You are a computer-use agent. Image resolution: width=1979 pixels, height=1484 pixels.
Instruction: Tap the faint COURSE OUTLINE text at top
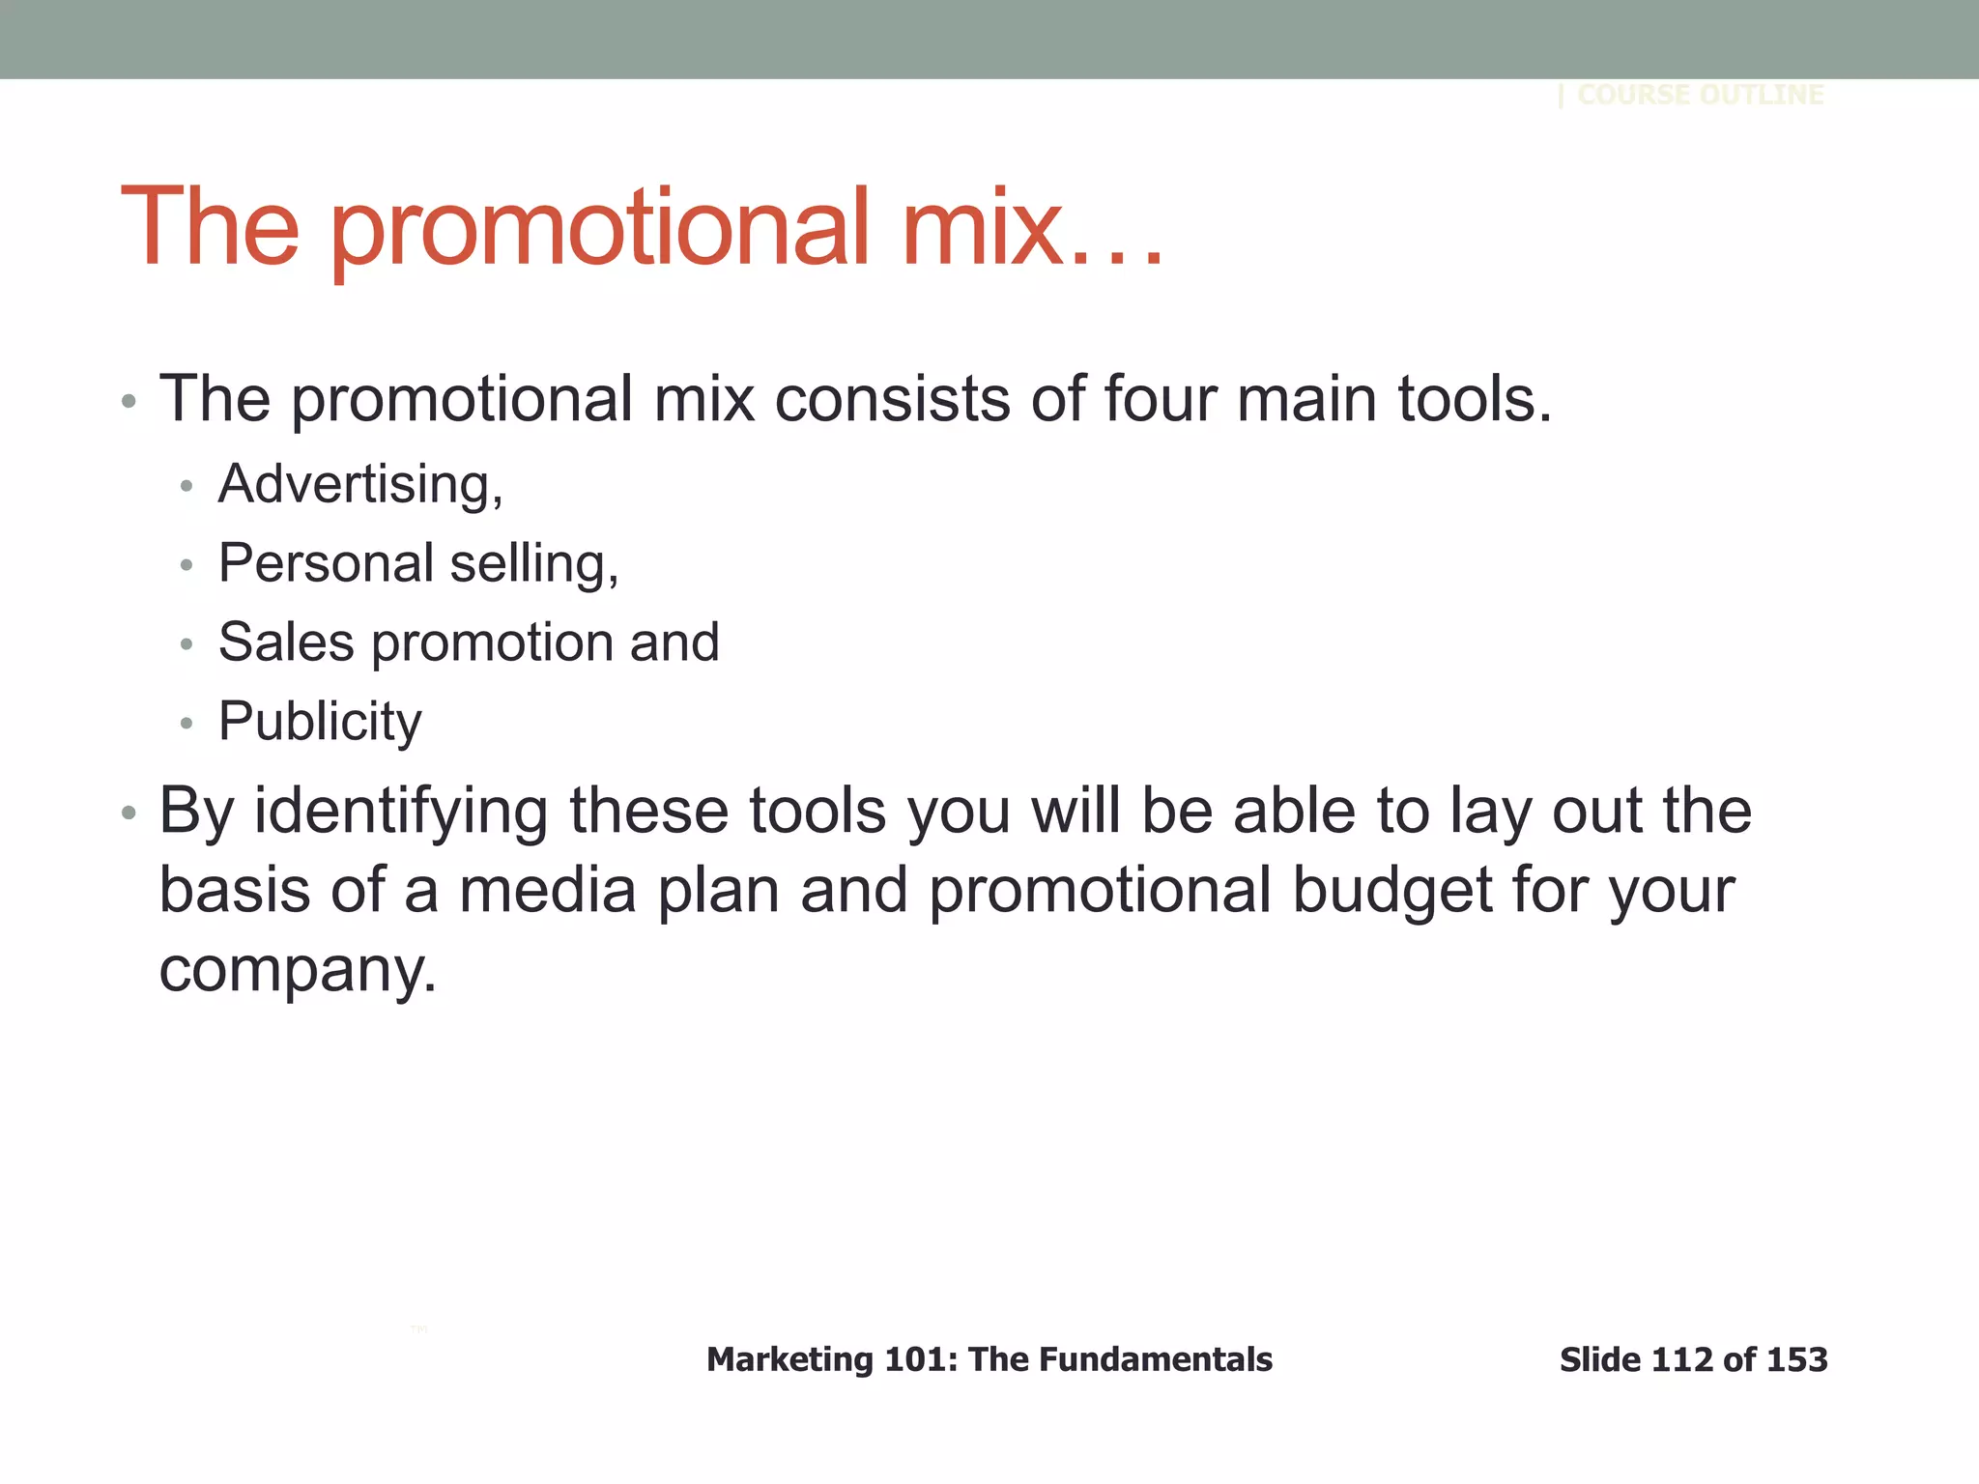(x=1700, y=95)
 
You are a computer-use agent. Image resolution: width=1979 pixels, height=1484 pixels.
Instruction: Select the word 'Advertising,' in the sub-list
(x=360, y=484)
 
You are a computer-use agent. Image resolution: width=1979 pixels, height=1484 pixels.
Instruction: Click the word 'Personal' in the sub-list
(x=326, y=563)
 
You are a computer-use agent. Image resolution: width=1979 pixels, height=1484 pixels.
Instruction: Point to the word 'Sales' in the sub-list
(x=286, y=642)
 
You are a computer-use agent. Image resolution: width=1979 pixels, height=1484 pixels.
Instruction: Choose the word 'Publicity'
(x=320, y=723)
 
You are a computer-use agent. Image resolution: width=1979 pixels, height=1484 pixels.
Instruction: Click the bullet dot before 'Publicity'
(x=186, y=723)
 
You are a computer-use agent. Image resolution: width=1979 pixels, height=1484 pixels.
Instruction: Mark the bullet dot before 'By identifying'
(x=129, y=813)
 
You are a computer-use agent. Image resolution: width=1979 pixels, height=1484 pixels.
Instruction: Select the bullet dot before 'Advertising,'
(x=186, y=485)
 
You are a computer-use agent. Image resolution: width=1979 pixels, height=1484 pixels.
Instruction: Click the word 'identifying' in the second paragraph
(x=401, y=812)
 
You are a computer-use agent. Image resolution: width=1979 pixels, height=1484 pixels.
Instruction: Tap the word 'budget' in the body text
(x=1391, y=890)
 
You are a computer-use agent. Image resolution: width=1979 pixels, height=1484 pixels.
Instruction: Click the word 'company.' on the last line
(x=298, y=970)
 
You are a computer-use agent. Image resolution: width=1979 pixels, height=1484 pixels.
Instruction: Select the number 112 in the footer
(x=1683, y=1360)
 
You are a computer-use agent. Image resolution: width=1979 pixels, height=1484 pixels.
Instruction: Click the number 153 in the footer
(x=1796, y=1360)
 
